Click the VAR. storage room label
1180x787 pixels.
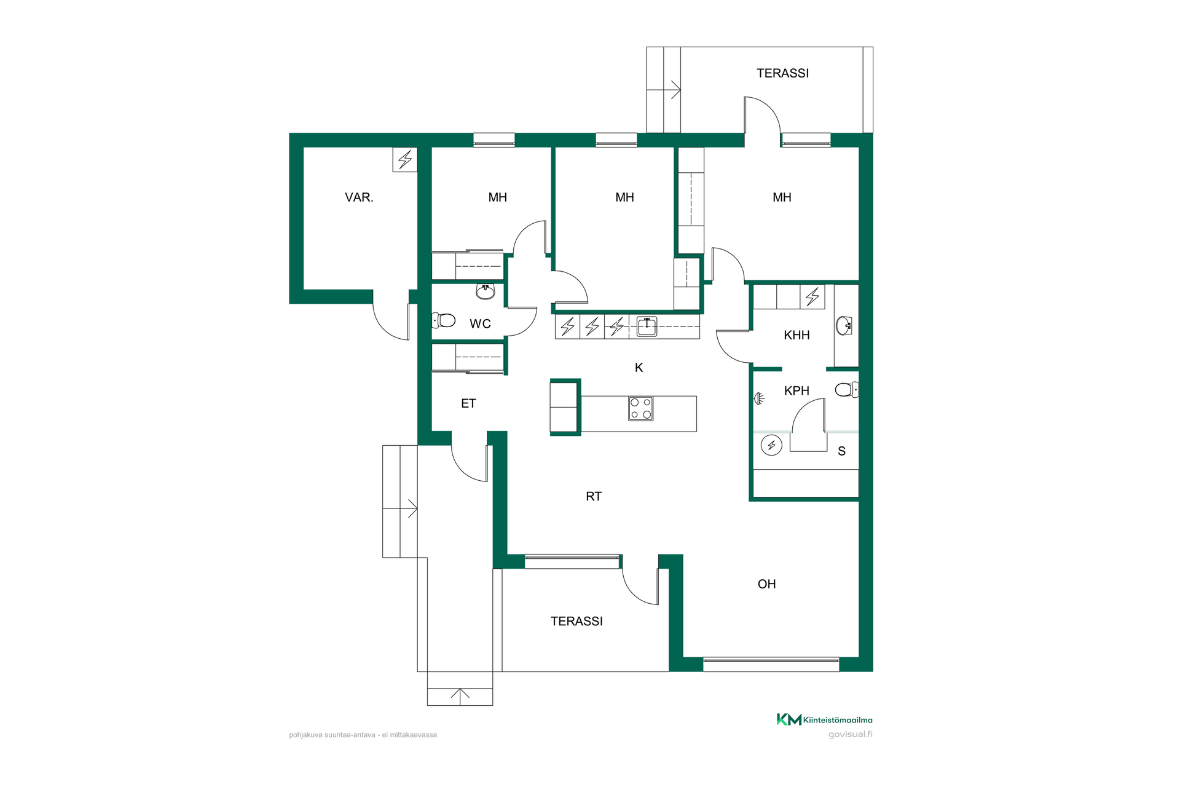359,197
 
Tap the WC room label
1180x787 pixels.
480,324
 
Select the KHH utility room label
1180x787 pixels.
796,335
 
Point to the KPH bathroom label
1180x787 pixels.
796,390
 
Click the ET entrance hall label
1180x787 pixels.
468,403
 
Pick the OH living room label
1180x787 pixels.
766,584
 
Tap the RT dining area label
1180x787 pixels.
594,496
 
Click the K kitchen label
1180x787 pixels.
639,368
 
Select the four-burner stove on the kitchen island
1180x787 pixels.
640,409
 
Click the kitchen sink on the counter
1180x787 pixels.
647,326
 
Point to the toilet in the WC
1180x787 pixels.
444,320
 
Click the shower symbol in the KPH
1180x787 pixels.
760,398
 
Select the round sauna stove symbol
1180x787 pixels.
771,445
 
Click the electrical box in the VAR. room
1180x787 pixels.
405,160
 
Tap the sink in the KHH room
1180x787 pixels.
844,325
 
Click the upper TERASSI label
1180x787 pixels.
782,73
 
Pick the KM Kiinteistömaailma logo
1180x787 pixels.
824,719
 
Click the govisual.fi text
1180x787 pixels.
850,734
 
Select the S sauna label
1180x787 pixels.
841,451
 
